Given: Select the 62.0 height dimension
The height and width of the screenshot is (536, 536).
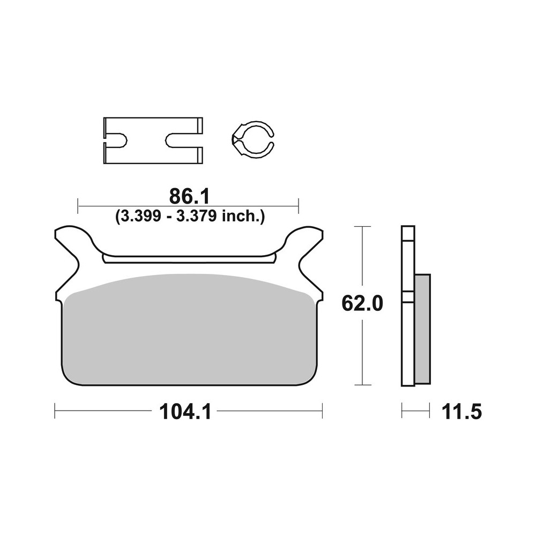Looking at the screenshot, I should pyautogui.click(x=363, y=304).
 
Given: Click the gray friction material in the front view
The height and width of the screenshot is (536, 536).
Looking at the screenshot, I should pyautogui.click(x=188, y=332).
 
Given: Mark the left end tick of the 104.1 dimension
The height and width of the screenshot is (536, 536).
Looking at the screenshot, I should pyautogui.click(x=55, y=412).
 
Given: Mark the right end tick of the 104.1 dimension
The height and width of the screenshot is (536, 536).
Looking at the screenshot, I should pyautogui.click(x=322, y=412).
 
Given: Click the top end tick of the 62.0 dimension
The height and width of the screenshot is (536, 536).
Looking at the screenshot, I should pyautogui.click(x=363, y=227).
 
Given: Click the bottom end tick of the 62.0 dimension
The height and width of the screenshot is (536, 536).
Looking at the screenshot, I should pyautogui.click(x=363, y=385).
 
